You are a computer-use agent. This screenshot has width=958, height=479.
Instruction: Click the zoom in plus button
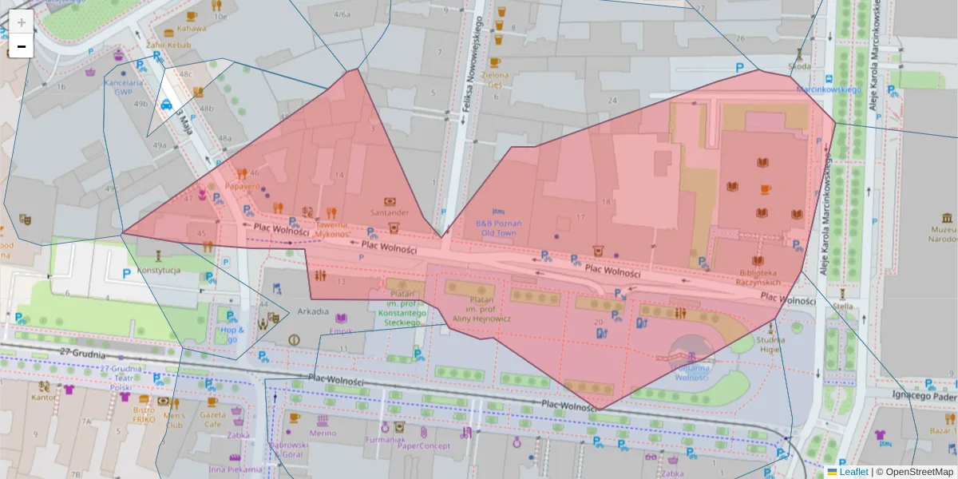tap(21, 22)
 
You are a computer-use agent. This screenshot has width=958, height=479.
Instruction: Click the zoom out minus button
tap(21, 46)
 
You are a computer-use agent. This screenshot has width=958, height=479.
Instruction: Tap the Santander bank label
tap(389, 212)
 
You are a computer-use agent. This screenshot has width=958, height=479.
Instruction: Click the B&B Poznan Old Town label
tap(498, 228)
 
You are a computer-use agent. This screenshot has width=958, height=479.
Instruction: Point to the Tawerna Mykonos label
tap(332, 230)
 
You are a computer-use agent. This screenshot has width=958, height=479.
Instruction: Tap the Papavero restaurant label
tap(243, 186)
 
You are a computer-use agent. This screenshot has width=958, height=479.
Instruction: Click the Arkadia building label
tap(312, 311)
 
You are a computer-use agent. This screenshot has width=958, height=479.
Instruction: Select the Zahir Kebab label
tap(168, 46)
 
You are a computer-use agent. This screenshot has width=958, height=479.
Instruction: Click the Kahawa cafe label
tap(192, 29)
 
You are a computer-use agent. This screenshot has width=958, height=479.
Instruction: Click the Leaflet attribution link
tap(853, 472)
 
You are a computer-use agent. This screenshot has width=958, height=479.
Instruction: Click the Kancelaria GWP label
tap(123, 86)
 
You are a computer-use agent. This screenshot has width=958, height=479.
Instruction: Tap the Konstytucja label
tap(159, 270)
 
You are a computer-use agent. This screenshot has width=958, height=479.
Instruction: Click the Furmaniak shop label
tap(387, 440)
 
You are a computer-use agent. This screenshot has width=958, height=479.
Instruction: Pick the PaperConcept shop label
tap(424, 445)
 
